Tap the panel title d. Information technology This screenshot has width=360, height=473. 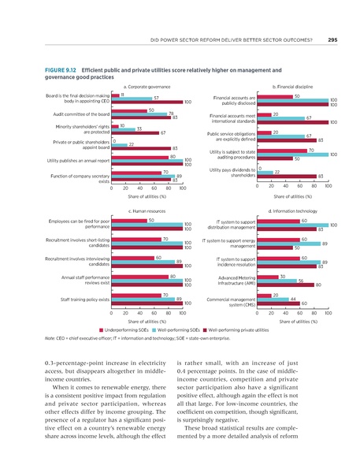pos(292,212)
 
